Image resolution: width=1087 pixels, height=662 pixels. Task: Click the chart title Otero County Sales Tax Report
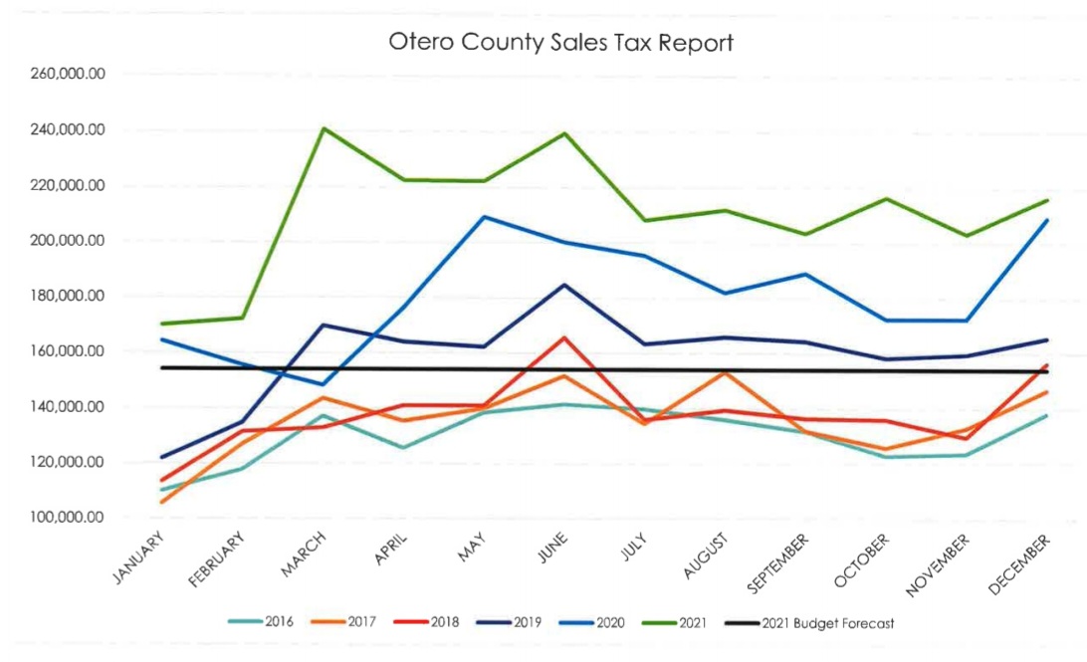pos(562,43)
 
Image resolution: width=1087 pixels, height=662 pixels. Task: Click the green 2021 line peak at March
pos(325,128)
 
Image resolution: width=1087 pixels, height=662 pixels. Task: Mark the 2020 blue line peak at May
pos(485,217)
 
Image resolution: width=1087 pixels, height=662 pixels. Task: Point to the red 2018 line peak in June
pos(564,337)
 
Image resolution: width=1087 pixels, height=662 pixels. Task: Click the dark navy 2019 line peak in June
pos(564,285)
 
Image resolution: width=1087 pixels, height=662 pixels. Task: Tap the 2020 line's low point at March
pos(325,384)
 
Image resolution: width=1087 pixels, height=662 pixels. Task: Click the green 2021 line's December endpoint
pos(1047,200)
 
